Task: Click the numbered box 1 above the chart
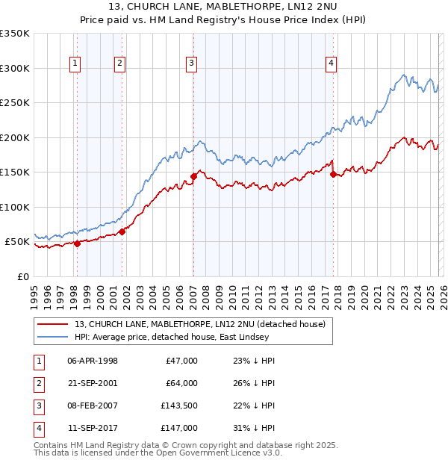point(76,64)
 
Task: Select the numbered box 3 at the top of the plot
point(192,64)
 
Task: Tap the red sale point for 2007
point(193,176)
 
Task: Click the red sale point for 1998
point(77,243)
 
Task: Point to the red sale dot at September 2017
point(333,174)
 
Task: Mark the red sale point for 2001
point(122,232)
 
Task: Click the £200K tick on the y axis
point(15,137)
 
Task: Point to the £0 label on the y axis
point(22,276)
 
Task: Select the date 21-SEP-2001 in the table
point(93,383)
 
